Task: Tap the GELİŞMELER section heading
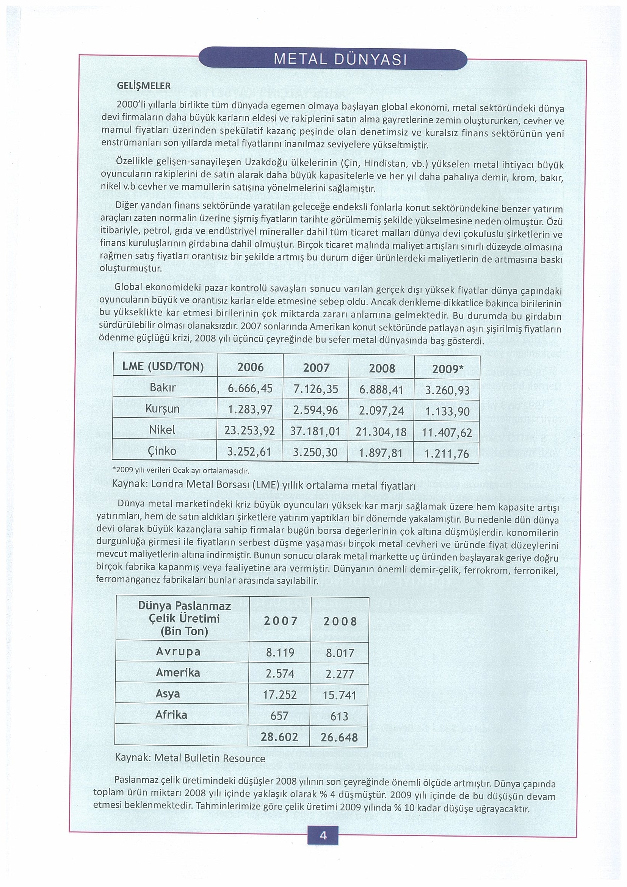coord(143,86)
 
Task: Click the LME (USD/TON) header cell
coord(163,367)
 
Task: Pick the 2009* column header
coord(447,369)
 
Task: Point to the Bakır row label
coord(163,387)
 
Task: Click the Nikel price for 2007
coord(315,431)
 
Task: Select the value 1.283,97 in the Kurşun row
coord(250,409)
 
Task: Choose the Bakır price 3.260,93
coord(447,390)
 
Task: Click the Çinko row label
coord(162,451)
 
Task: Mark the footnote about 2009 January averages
coord(180,471)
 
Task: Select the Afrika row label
coord(171,715)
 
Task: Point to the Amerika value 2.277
coord(340,674)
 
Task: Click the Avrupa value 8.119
coord(280,653)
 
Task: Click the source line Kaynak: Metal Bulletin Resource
coord(190,758)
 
